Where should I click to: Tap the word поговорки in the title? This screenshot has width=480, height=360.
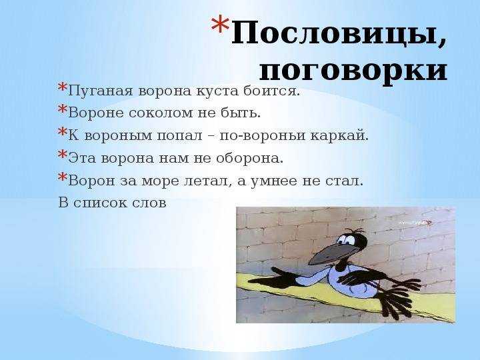353,72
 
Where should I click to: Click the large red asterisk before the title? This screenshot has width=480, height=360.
220,27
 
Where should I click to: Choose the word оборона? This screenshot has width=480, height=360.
249,158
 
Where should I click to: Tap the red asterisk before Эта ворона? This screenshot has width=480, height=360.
63,154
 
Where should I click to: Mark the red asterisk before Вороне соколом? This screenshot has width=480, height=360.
63,109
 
